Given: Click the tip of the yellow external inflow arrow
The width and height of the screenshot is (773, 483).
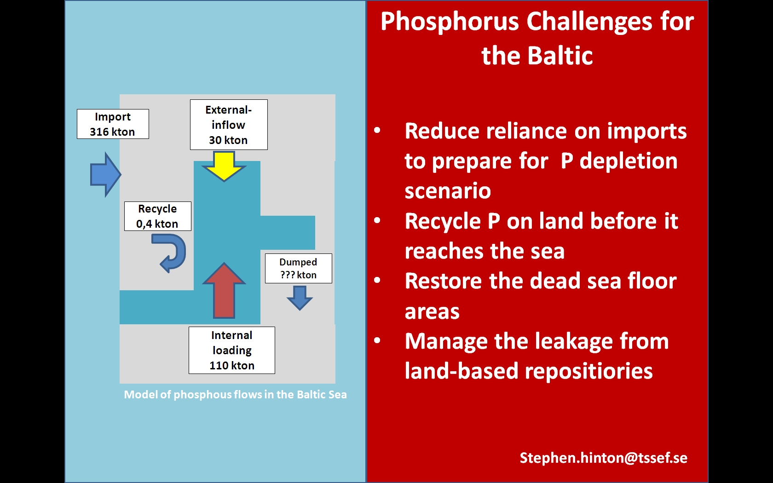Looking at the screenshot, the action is pyautogui.click(x=224, y=181).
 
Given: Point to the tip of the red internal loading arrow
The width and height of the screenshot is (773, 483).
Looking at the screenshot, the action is pyautogui.click(x=225, y=263).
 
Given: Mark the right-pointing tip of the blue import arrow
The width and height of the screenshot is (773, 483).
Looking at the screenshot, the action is pyautogui.click(x=121, y=175).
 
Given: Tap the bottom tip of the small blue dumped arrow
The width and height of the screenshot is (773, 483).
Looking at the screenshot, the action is pyautogui.click(x=300, y=310).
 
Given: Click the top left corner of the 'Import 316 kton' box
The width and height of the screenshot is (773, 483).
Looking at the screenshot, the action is pyautogui.click(x=77, y=109).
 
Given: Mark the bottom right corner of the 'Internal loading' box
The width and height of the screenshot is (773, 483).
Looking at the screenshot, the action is pyautogui.click(x=275, y=374).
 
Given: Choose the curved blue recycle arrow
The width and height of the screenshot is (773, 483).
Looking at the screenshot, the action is pyautogui.click(x=169, y=253).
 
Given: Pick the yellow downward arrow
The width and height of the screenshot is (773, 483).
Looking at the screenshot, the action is pyautogui.click(x=224, y=167).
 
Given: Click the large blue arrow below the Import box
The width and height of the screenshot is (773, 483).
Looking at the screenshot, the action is pyautogui.click(x=106, y=175).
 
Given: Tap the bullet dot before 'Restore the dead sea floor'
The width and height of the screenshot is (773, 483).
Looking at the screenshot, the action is pyautogui.click(x=377, y=280).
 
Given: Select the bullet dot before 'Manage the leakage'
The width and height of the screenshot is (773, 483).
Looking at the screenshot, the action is pyautogui.click(x=377, y=340).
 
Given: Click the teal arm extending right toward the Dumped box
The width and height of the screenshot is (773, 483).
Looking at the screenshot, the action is pyautogui.click(x=288, y=233).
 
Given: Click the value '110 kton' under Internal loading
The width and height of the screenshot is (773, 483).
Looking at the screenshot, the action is pyautogui.click(x=232, y=365).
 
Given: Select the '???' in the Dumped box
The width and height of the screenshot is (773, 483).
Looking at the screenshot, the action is pyautogui.click(x=288, y=275).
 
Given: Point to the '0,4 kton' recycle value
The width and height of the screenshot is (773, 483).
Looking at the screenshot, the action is pyautogui.click(x=157, y=224).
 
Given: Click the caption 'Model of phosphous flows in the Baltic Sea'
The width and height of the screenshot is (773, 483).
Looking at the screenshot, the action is pyautogui.click(x=236, y=394).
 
